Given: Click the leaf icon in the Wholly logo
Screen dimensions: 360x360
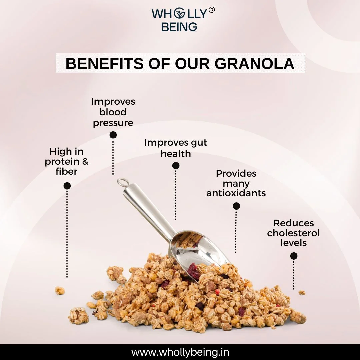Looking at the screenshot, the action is tap(179, 14).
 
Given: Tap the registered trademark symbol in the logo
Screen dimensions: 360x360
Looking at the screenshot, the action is tap(212, 10).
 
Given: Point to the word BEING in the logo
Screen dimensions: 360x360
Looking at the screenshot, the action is tap(179, 27).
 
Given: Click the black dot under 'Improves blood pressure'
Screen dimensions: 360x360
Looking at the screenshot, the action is tap(113, 135).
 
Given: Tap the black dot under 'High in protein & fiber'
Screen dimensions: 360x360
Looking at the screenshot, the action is tap(67, 186).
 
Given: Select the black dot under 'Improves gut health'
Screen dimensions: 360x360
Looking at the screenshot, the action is tap(176, 166).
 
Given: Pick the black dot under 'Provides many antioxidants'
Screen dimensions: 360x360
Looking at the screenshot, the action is tap(236, 206).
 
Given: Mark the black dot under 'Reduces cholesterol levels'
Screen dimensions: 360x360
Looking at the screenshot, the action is tap(294, 256).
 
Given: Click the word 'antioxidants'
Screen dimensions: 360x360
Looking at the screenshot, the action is tap(236, 193).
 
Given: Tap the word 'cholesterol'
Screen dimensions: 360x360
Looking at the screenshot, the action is tap(293, 233).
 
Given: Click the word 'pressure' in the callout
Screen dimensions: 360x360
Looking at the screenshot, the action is tap(113, 123).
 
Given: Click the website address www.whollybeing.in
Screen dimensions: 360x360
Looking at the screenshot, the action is tap(180, 352).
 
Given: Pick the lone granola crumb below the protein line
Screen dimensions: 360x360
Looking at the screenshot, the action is tap(60, 291).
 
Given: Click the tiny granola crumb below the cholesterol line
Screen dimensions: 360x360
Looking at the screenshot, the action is tap(302, 293).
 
